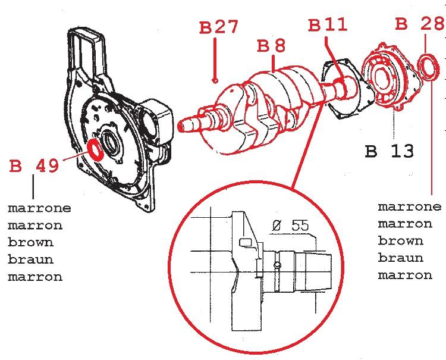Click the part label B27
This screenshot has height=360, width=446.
[218, 27]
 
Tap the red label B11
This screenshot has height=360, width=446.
[328, 25]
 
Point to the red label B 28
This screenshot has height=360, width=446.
[420, 24]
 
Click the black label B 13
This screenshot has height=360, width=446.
[389, 151]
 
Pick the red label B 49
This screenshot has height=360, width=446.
[34, 166]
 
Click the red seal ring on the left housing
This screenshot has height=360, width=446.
[96, 149]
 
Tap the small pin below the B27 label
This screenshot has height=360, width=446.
[216, 80]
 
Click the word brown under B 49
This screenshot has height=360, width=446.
[30, 243]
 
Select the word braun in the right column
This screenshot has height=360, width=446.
[401, 258]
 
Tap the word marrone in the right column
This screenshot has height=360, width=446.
[410, 207]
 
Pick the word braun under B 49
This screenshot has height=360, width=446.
[30, 260]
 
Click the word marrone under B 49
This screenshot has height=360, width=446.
[39, 209]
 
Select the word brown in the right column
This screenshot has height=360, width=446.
[401, 241]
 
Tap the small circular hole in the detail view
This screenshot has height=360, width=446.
[277, 264]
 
